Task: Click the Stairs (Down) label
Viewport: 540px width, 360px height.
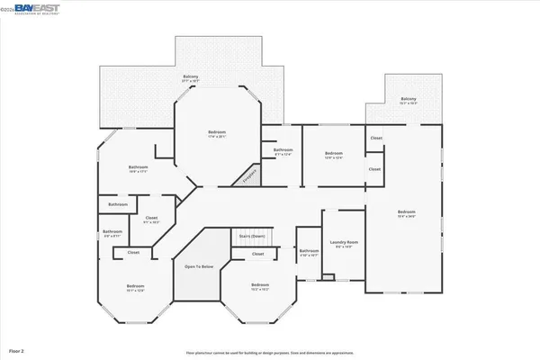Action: point(251,237)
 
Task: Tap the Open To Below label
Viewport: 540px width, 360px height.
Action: point(199,267)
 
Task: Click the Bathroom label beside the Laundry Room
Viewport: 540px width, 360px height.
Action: point(309,252)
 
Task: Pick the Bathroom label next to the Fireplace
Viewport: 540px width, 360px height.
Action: point(283,151)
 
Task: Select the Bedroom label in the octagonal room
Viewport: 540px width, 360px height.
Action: point(216,135)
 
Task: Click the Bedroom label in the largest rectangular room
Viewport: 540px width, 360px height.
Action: point(406,214)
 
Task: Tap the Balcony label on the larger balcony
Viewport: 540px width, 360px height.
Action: point(191,78)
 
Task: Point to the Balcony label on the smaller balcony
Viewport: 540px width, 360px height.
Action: point(409,100)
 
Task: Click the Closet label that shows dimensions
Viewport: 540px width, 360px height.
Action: point(151,219)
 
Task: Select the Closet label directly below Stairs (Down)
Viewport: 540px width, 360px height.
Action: point(257,254)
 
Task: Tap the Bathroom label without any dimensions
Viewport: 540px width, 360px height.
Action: point(118,204)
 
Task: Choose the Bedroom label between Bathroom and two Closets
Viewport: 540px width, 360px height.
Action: point(334,155)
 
